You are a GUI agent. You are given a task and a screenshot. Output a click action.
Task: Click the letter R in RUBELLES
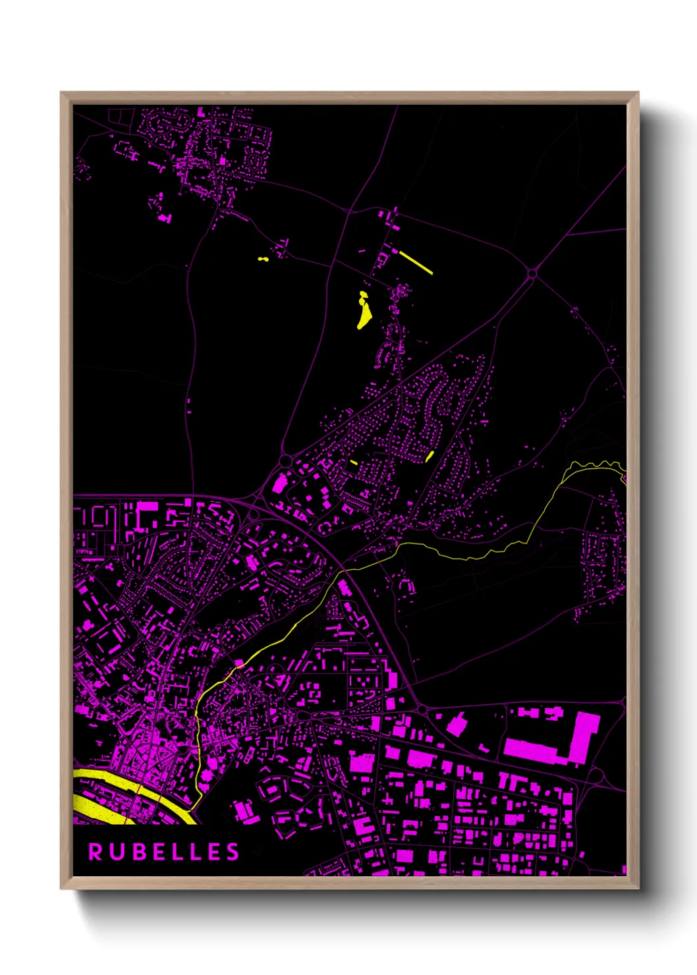coord(96,852)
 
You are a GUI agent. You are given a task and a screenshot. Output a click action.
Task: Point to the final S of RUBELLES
coord(233,852)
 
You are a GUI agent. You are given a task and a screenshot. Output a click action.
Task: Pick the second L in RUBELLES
coord(194,852)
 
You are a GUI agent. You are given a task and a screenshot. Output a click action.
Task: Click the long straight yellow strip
coord(416,262)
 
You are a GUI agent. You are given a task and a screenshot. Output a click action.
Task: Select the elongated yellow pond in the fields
coord(364,311)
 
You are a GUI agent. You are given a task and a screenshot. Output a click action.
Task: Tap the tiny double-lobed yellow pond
coord(264,259)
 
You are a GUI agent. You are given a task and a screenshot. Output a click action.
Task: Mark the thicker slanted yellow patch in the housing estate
coord(430,456)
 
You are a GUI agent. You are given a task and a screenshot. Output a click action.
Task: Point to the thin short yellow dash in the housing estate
coord(354,462)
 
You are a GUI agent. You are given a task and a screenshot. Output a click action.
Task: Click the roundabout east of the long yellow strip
coord(532,273)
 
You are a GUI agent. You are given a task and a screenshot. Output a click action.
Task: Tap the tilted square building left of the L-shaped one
coord(457,725)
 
